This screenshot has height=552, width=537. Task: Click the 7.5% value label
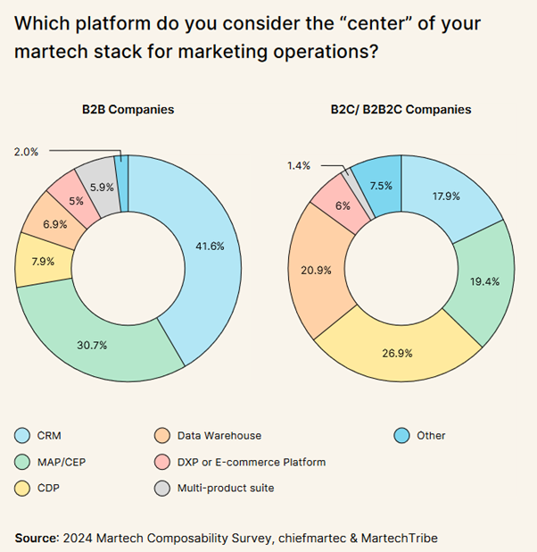coord(380,186)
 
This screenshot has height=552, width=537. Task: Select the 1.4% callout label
coord(299,166)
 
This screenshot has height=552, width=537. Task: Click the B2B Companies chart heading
coord(128,110)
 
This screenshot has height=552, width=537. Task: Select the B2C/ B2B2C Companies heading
coord(401,110)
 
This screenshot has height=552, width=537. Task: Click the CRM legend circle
coord(24,436)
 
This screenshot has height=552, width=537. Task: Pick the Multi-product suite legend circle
coord(162,488)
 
